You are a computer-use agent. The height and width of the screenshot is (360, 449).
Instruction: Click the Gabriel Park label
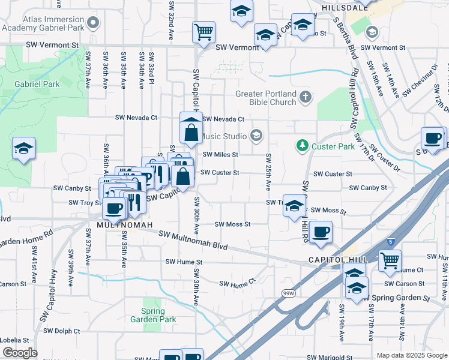(37, 85)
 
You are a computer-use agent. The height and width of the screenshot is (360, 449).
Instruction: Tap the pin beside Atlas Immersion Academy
(93, 24)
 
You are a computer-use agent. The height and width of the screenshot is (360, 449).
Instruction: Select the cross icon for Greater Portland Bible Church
(305, 96)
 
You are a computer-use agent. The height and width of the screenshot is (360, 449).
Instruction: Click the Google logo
(19, 353)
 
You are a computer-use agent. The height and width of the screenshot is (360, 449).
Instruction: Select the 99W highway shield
(288, 293)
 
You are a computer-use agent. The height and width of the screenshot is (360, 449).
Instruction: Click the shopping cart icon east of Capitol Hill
(390, 260)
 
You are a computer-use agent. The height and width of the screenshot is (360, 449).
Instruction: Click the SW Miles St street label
(220, 154)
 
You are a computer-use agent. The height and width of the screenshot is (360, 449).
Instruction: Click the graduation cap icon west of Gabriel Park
(24, 148)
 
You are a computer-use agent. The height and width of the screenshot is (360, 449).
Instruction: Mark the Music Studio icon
(257, 136)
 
